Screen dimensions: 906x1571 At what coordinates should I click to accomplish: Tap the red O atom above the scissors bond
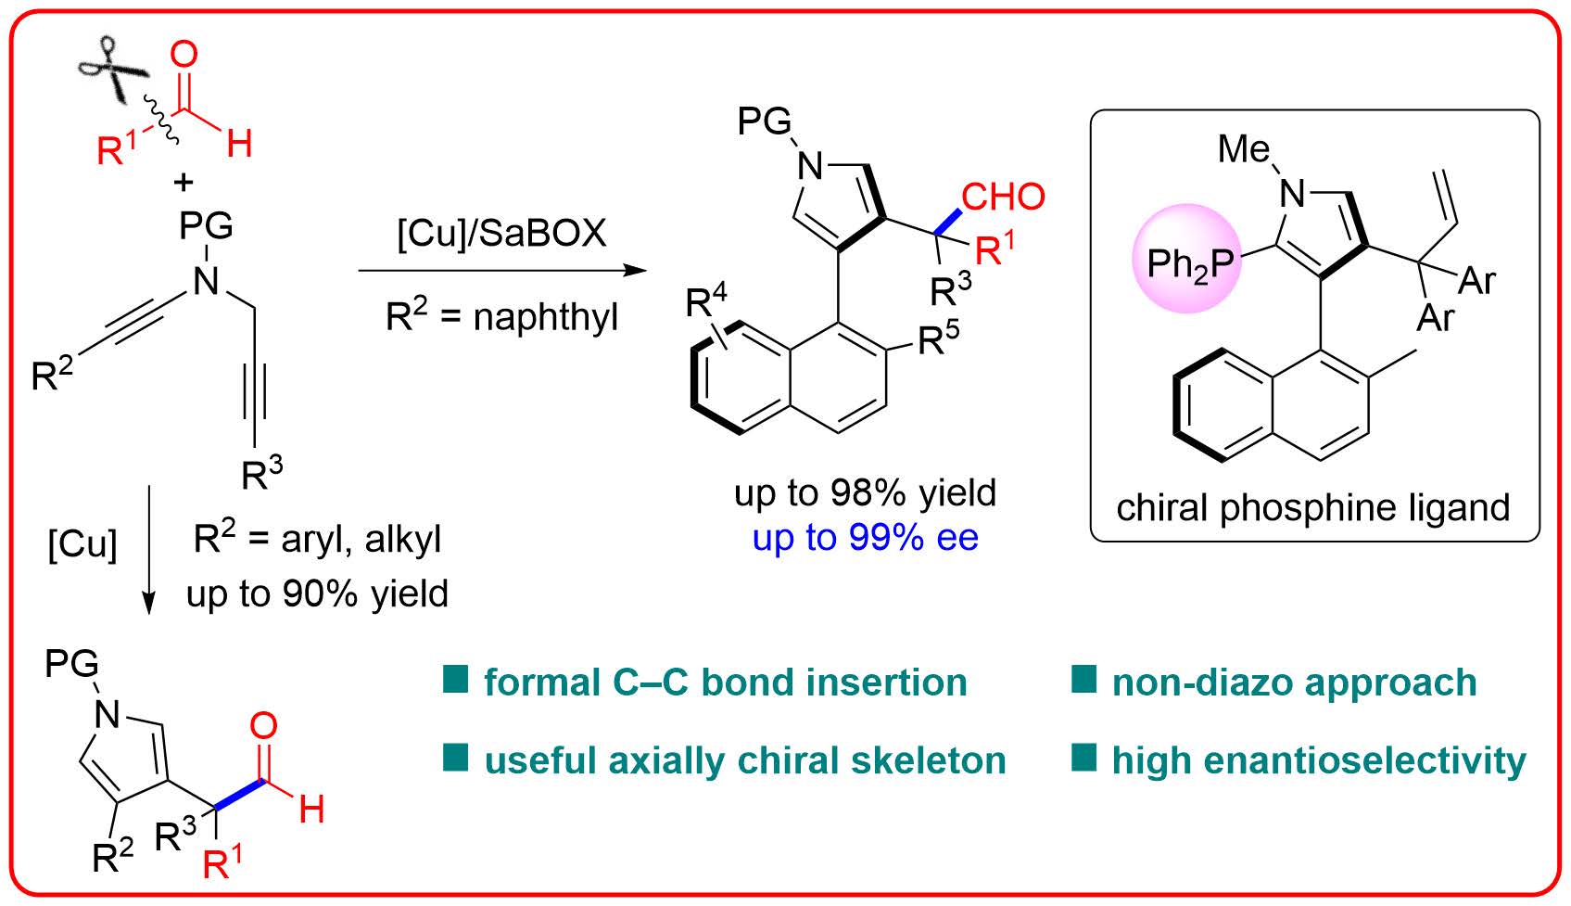pyautogui.click(x=184, y=54)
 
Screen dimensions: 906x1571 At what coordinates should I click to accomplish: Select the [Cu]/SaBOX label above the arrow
pyautogui.click(x=501, y=232)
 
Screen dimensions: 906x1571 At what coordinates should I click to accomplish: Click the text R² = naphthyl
pyautogui.click(x=501, y=317)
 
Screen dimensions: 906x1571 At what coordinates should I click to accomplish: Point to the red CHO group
pyautogui.click(x=1003, y=197)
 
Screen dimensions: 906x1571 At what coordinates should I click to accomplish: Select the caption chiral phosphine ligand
pyautogui.click(x=1312, y=507)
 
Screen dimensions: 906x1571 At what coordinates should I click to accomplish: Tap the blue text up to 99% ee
pyautogui.click(x=865, y=537)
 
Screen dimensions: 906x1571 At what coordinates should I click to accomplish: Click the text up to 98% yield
pyautogui.click(x=865, y=492)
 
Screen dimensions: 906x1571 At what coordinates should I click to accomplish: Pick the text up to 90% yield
pyautogui.click(x=317, y=593)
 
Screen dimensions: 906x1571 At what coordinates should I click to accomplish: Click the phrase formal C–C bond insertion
pyautogui.click(x=725, y=683)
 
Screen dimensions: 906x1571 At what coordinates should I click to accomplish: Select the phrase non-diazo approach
pyautogui.click(x=1294, y=683)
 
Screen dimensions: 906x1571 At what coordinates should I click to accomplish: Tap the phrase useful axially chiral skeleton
pyautogui.click(x=744, y=760)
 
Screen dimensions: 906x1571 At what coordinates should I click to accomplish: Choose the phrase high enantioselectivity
pyautogui.click(x=1318, y=760)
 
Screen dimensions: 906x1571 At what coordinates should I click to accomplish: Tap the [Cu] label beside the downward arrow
pyautogui.click(x=82, y=544)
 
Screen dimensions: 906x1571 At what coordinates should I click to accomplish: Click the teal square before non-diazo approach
pyautogui.click(x=1083, y=680)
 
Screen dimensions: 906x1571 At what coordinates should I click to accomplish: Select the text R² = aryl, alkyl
pyautogui.click(x=317, y=539)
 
